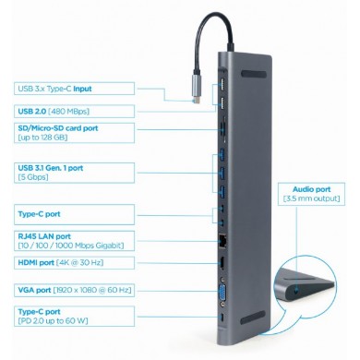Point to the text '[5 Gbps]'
coord(34,177)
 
